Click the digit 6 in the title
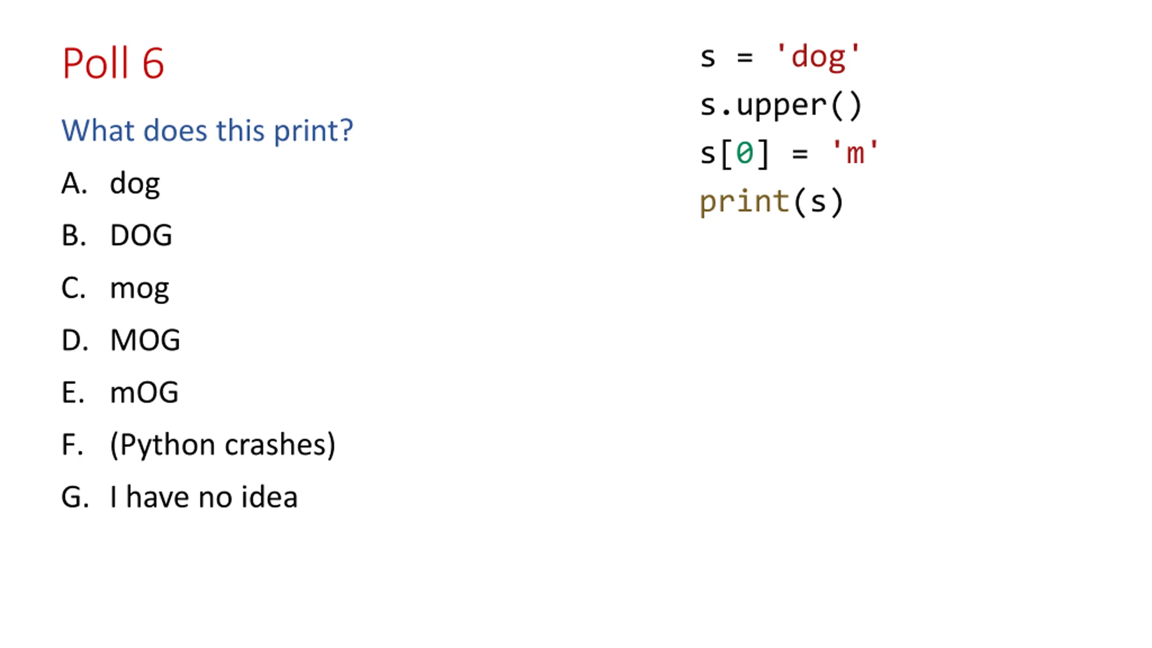coord(153,63)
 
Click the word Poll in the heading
coord(95,63)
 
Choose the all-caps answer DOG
coord(141,235)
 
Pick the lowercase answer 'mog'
coord(139,288)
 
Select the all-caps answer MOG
coord(145,340)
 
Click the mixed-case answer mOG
coord(144,392)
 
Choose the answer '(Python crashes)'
coord(223,445)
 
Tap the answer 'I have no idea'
coord(204,497)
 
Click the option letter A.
coord(73,184)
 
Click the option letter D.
coord(74,340)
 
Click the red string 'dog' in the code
coord(818,58)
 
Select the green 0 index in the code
coord(745,153)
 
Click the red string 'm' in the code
coord(855,153)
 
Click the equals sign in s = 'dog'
coord(745,58)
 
